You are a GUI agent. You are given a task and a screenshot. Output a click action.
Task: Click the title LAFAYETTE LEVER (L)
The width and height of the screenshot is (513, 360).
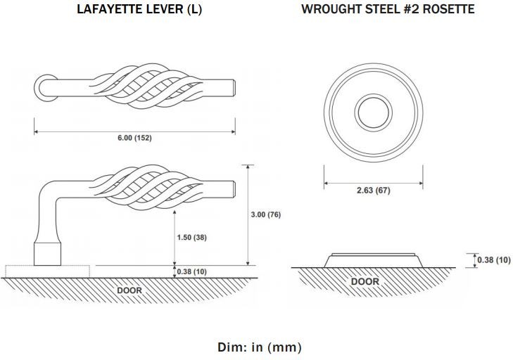[139, 9]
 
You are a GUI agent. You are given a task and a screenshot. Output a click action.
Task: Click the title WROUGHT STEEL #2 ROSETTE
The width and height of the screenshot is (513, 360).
[388, 9]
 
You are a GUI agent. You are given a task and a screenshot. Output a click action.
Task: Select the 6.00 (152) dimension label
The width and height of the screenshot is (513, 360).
[135, 138]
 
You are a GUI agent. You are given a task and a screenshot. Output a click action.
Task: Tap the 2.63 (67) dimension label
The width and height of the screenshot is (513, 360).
[373, 190]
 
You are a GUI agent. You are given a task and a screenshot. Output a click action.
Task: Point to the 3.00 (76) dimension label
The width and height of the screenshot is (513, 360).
[266, 214]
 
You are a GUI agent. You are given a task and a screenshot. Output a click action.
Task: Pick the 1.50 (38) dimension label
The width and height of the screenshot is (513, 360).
[191, 237]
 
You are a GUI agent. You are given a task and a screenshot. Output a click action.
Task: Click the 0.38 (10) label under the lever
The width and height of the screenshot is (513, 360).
[191, 271]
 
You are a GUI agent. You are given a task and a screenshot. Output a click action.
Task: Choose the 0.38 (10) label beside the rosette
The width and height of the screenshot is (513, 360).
[494, 259]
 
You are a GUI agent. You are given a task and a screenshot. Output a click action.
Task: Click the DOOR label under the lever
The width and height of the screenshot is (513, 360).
[129, 290]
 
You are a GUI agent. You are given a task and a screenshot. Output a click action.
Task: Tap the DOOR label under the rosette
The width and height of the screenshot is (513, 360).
[365, 281]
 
